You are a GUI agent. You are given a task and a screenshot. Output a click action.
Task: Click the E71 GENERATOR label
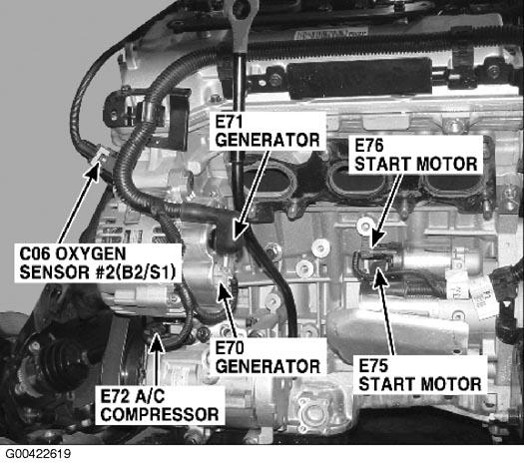point(267,131)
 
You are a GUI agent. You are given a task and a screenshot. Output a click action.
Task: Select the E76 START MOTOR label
point(416,155)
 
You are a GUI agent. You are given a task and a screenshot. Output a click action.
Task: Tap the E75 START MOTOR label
point(420,375)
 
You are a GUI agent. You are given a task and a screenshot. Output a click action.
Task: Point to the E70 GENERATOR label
point(267,357)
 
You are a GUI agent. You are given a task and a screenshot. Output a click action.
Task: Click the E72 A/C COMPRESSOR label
point(160,405)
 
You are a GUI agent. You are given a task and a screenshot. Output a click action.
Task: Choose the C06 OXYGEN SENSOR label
point(98,263)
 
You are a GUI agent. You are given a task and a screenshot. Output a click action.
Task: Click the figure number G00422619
point(38,454)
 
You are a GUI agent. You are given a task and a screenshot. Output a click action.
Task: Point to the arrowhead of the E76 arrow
point(375,242)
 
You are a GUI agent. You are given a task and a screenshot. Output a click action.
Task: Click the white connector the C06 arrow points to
point(101,157)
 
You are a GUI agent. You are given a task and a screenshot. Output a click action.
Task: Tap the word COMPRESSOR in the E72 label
point(160,415)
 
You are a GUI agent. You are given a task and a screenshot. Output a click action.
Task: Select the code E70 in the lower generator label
point(230,348)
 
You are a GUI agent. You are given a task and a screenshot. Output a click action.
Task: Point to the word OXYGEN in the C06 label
point(91,253)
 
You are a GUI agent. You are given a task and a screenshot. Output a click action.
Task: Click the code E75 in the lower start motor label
point(373,366)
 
